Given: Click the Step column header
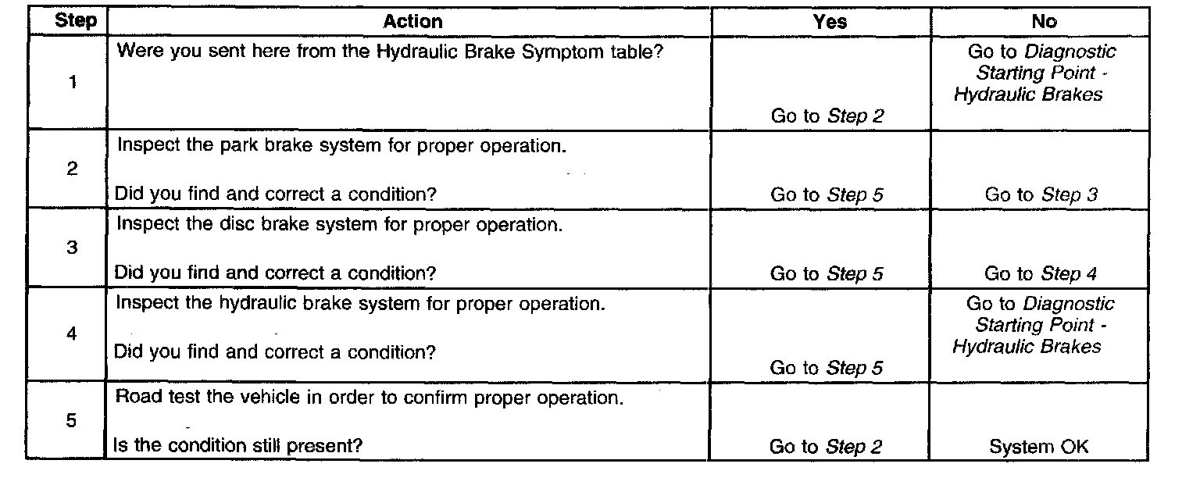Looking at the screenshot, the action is (76, 21).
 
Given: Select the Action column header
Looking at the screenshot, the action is (412, 22).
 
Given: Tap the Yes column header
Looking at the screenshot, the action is (829, 22).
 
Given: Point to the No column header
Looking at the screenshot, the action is (1043, 22).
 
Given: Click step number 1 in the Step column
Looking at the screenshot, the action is (73, 82).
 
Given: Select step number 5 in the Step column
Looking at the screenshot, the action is (72, 420).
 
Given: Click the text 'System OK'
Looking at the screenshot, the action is (1038, 447).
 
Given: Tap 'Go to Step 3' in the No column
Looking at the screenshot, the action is (1041, 194).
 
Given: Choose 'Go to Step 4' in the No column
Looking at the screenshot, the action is (1041, 273).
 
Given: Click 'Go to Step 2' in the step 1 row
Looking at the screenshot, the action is (827, 116).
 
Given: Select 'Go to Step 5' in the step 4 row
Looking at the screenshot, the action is (827, 368).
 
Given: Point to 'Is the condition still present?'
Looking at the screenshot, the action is (238, 446).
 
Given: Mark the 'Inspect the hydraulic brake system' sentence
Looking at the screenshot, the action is (359, 303).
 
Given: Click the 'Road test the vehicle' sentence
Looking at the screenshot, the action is (369, 397).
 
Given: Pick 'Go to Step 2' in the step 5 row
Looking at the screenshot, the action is (826, 447).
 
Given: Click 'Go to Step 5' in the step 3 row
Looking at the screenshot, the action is (827, 273).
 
